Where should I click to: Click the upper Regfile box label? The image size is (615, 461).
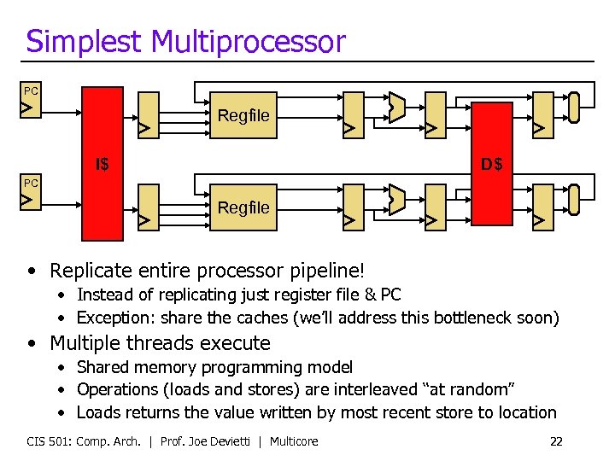pyautogui.click(x=243, y=115)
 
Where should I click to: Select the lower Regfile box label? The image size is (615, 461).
pyautogui.click(x=243, y=207)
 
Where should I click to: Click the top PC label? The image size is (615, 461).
pyautogui.click(x=31, y=90)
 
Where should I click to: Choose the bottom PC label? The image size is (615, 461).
pyautogui.click(x=31, y=183)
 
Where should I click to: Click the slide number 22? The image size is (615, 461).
pyautogui.click(x=556, y=441)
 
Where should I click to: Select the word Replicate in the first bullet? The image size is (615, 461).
pyautogui.click(x=89, y=271)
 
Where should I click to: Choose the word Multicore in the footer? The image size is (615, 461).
pyautogui.click(x=296, y=441)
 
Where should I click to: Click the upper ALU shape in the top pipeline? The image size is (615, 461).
pyautogui.click(x=395, y=107)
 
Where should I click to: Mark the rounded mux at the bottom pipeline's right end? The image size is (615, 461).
pyautogui.click(x=574, y=198)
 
